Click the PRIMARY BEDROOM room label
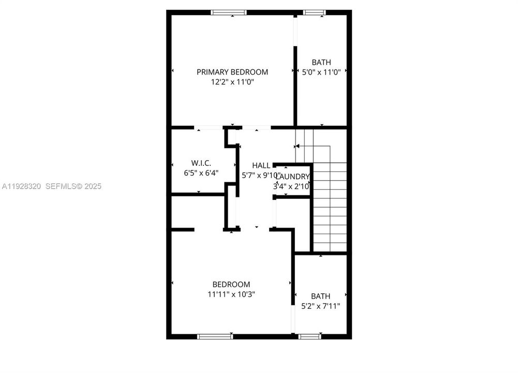[x=232, y=72]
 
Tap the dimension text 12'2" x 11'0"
[x=232, y=82]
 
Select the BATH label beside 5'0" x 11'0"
[x=321, y=62]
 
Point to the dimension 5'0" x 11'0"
[x=321, y=73]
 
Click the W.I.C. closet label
[x=198, y=162]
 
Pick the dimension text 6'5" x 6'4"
[x=198, y=173]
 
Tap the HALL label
[x=261, y=165]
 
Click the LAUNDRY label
[x=293, y=177]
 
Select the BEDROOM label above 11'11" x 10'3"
[x=231, y=284]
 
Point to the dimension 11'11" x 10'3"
[x=231, y=294]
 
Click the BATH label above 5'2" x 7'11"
[x=321, y=296]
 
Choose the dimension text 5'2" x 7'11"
[x=321, y=306]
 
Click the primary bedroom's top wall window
[x=228, y=12]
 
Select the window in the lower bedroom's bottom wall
[x=216, y=336]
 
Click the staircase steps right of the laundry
[x=330, y=207]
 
